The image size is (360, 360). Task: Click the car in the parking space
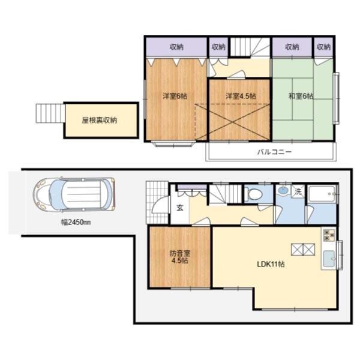coord(74,194)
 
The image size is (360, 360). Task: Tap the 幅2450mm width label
coord(76,222)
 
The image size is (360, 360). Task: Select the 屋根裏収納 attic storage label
coord(100,120)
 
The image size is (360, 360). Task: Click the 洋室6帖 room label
coord(175,96)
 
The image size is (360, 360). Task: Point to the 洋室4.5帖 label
coord(241,96)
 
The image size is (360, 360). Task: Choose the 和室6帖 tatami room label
coord(301,96)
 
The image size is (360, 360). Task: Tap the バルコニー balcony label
coord(274,152)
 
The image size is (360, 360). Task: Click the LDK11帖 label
coord(271,264)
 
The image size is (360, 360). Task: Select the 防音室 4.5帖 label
coord(180,257)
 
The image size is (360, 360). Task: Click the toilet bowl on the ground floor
coord(253,194)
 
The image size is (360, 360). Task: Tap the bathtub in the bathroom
coord(322,194)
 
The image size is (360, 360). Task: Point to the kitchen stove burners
coord(329,235)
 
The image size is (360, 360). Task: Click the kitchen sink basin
coord(329,259)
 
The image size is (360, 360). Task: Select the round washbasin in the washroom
coord(283,190)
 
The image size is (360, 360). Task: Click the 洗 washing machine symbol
coord(298,191)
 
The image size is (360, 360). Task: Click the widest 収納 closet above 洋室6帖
coord(176,47)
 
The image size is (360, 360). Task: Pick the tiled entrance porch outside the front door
coord(157,203)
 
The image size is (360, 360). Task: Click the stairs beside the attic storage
coord(50,113)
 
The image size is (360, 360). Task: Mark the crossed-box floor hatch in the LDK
coord(303,249)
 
